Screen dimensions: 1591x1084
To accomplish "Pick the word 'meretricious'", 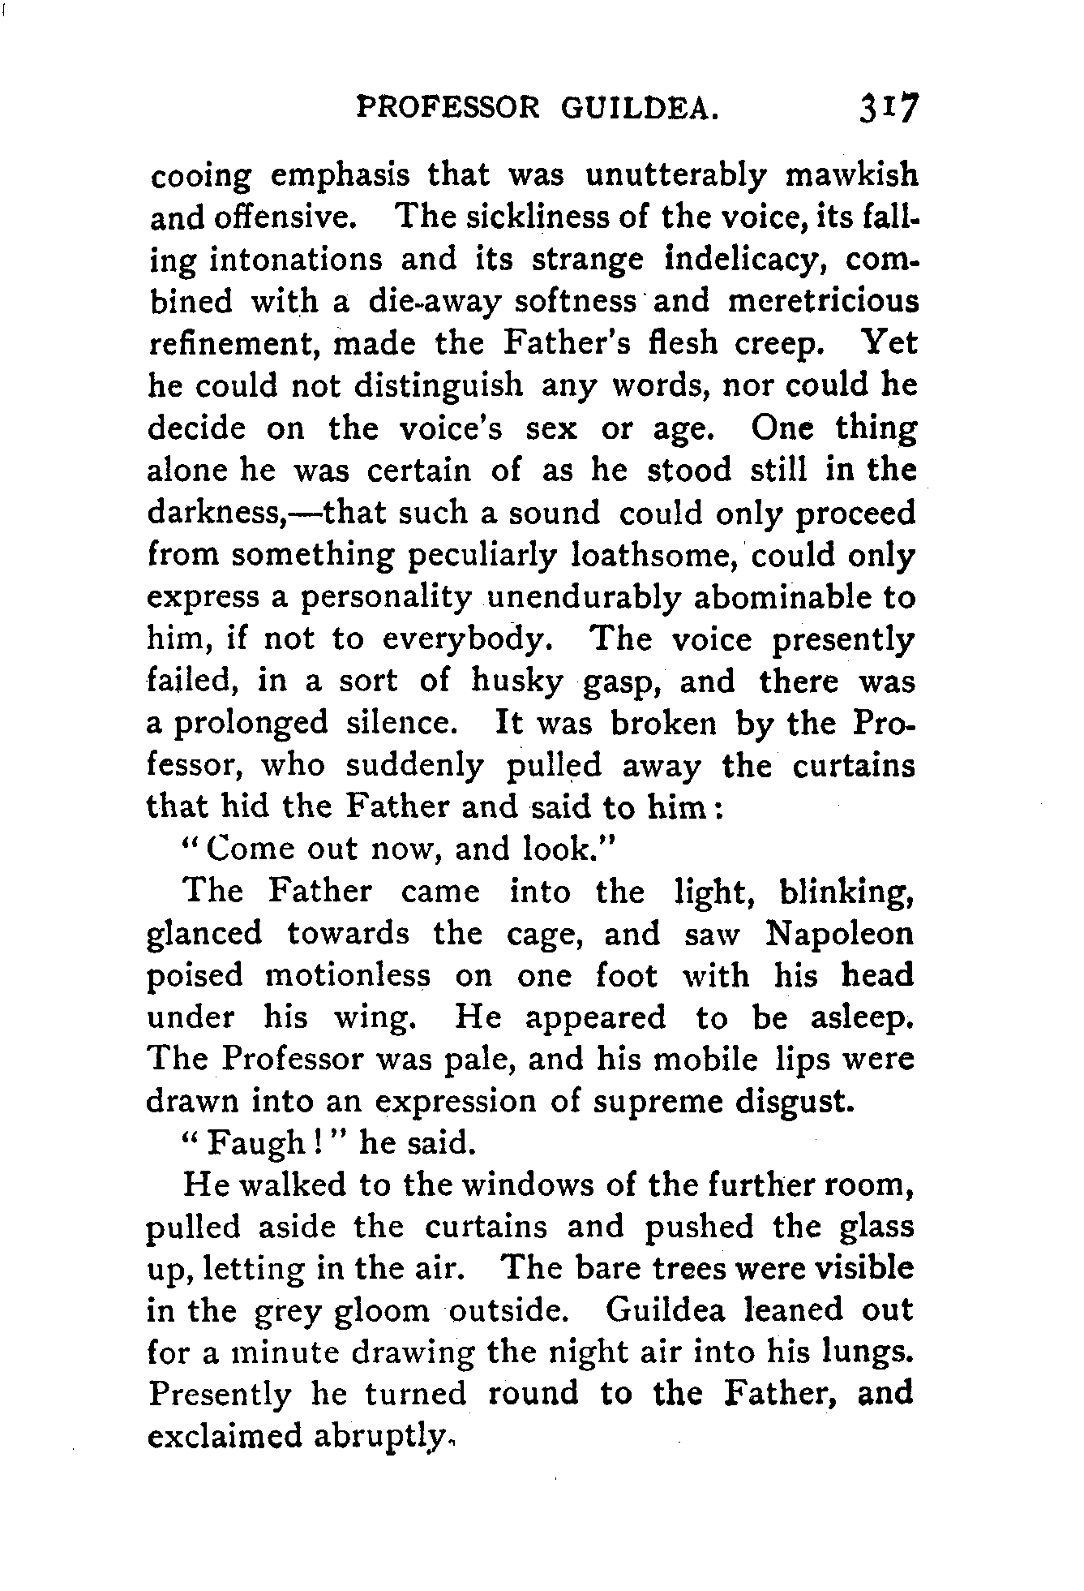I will pos(822,301).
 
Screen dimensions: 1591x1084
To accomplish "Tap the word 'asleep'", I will pos(863,1017).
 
